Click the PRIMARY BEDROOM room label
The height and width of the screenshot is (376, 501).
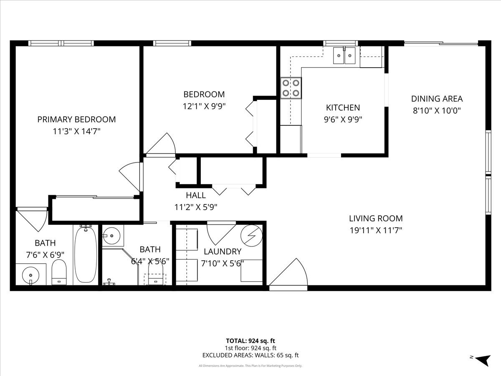pos(76,119)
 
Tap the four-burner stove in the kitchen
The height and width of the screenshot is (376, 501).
pos(291,88)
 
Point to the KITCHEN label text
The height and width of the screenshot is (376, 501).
pos(343,108)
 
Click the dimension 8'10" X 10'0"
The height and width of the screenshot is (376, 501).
pos(437,111)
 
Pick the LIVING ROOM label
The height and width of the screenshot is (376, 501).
pos(376,218)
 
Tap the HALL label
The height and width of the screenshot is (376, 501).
pos(196,195)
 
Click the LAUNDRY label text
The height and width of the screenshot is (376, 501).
pos(223,252)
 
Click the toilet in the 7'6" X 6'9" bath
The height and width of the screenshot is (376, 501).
pos(59,272)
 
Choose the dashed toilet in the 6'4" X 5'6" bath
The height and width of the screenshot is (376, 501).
pos(156,279)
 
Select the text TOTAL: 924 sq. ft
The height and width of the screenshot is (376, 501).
pos(250,340)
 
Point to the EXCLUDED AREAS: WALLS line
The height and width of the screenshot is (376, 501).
pos(250,356)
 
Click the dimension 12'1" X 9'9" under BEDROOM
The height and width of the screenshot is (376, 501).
pos(204,106)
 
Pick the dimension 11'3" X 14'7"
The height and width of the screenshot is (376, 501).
pos(76,131)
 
